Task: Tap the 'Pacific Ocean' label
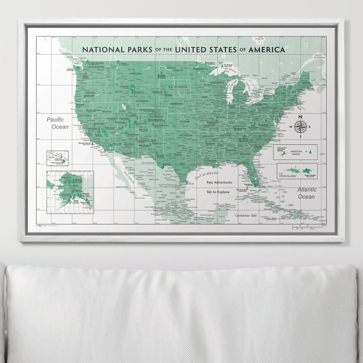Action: click(x=57, y=123)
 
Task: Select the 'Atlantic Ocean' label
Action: click(x=307, y=193)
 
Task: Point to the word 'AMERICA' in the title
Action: click(x=267, y=49)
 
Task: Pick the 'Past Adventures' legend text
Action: click(x=219, y=182)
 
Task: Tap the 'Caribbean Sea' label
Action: click(x=247, y=215)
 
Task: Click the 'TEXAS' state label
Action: click(x=178, y=155)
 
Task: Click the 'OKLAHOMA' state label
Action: click(x=186, y=136)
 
